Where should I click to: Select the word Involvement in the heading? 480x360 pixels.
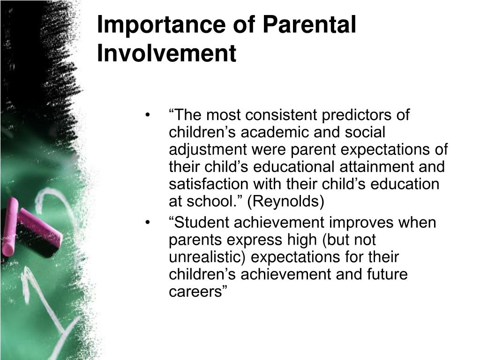tap(166, 53)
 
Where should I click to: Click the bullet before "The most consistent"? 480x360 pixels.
tap(148, 115)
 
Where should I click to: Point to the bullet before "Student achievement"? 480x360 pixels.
tap(148, 223)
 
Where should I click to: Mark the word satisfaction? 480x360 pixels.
tap(209, 184)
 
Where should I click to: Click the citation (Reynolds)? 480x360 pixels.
tap(285, 202)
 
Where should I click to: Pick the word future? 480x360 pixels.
tap(387, 274)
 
